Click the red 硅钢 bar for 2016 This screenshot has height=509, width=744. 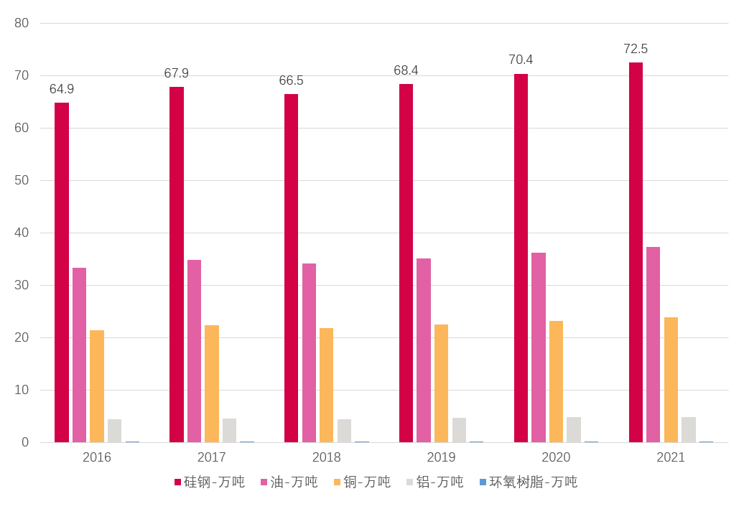[62, 273]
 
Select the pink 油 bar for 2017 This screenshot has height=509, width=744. [194, 351]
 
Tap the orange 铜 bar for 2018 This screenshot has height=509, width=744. [327, 385]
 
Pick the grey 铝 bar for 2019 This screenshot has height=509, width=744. [459, 430]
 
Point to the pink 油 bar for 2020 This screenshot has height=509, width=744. [539, 347]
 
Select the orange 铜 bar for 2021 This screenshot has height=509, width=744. [671, 380]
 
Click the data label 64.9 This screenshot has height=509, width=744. [62, 89]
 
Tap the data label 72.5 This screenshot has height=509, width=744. [636, 49]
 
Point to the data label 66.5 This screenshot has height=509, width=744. [291, 80]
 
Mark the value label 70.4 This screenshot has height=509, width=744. [521, 60]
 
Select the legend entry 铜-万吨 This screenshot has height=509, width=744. [367, 482]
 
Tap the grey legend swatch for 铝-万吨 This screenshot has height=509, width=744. [410, 482]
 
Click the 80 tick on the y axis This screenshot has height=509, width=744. [22, 23]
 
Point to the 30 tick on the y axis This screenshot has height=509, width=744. [22, 285]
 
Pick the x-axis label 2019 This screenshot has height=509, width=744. [441, 457]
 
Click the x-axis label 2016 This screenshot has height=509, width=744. [97, 457]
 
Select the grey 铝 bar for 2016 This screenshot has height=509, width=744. [114, 431]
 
